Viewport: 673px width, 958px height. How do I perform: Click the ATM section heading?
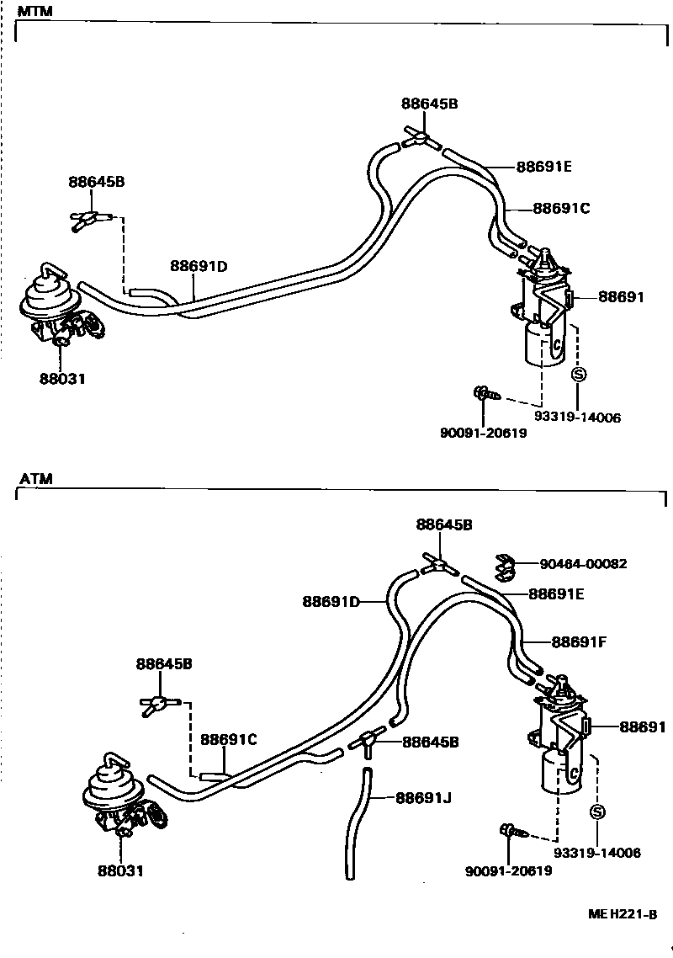pyautogui.click(x=36, y=479)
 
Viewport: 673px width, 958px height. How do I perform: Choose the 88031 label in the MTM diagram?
pyautogui.click(x=62, y=379)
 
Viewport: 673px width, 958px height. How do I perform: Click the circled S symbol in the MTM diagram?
pyautogui.click(x=578, y=375)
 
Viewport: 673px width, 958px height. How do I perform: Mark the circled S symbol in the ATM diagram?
pyautogui.click(x=597, y=812)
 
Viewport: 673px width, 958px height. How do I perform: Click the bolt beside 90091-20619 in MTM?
pyautogui.click(x=485, y=393)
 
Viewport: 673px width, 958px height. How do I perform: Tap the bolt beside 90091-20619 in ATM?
pyautogui.click(x=512, y=832)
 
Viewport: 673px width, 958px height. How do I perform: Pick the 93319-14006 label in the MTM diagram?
pyautogui.click(x=577, y=417)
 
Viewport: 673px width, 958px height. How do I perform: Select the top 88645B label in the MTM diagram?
pyautogui.click(x=429, y=104)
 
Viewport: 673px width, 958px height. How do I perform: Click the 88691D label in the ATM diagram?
pyautogui.click(x=331, y=601)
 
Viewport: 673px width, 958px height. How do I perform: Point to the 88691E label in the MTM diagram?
pyautogui.click(x=543, y=167)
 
